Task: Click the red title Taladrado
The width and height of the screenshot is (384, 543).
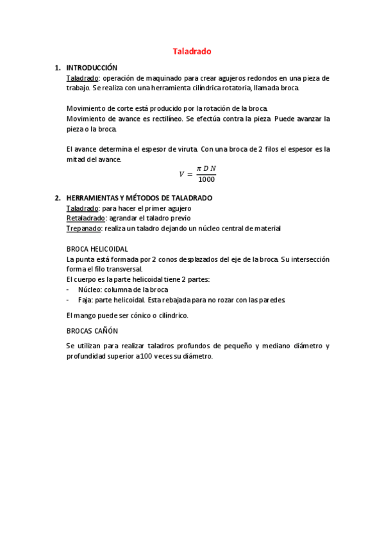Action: (x=192, y=51)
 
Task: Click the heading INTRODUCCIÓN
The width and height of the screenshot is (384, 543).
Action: (x=92, y=67)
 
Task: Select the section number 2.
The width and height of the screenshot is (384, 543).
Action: (x=57, y=198)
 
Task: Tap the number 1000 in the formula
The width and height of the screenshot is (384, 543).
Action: (x=207, y=179)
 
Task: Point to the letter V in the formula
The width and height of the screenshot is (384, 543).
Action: (x=181, y=174)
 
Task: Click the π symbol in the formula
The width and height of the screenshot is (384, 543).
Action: (x=199, y=168)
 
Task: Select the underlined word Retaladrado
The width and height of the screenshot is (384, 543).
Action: (x=85, y=218)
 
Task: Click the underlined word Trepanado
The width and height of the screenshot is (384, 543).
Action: (x=83, y=228)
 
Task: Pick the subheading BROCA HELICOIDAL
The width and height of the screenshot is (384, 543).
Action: (x=97, y=248)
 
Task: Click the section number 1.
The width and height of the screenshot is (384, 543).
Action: (x=57, y=67)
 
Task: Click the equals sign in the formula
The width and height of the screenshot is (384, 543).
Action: (x=190, y=174)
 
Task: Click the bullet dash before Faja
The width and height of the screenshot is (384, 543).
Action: (x=69, y=300)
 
